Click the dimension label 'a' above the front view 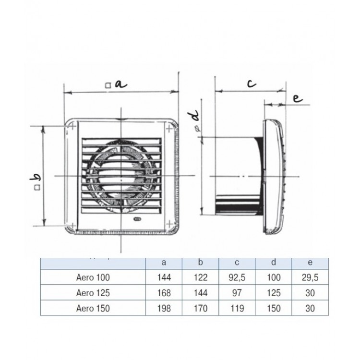120,84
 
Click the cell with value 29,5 310,277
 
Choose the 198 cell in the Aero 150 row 164,308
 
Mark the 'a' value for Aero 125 164,292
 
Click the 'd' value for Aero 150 273,308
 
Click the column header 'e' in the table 310,263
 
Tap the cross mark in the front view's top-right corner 169,129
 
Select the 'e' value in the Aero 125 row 310,292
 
